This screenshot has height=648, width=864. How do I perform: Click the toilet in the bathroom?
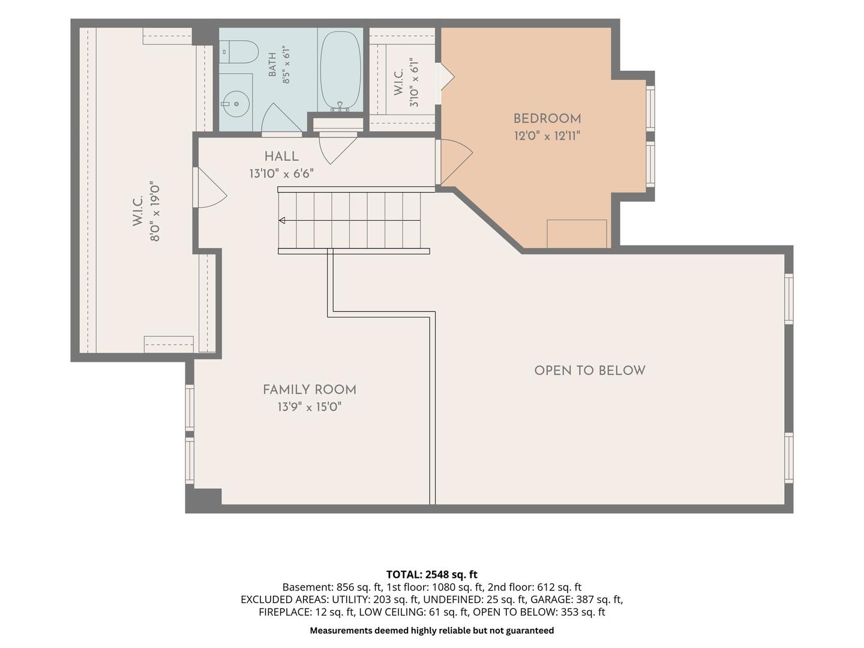coord(239,52)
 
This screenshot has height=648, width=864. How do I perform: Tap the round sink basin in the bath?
coord(236,103)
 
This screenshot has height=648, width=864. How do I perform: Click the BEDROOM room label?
coord(547,118)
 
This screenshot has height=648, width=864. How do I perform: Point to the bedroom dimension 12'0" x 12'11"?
coord(547,136)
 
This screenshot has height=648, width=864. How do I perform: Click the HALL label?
coord(281,156)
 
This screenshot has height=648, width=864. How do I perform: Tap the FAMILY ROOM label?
coord(310,389)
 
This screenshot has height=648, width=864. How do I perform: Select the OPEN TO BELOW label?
coord(590,371)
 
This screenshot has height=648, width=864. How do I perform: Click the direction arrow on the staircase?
coord(282,220)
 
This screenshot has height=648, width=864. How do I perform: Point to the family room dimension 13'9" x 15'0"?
coord(310,407)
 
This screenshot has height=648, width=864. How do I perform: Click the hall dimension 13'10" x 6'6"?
coord(281,173)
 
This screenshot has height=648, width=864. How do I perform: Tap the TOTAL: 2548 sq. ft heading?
coord(432,575)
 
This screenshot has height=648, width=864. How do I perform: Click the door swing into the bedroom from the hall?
coord(456,162)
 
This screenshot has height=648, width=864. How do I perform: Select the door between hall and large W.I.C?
coord(210,188)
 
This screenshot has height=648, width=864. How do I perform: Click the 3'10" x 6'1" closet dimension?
coord(414,83)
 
